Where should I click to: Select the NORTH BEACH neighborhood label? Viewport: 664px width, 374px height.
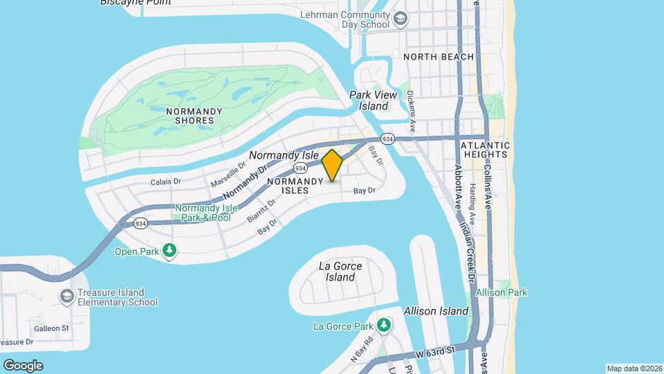(439, 57)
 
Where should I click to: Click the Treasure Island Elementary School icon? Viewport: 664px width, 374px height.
(66, 296)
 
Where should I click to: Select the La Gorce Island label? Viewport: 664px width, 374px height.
(337, 271)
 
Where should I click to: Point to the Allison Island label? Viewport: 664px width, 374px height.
(436, 311)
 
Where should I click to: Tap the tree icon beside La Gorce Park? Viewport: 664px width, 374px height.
(384, 326)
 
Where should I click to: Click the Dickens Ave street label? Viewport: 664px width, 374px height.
(412, 112)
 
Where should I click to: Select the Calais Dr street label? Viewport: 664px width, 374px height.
(165, 181)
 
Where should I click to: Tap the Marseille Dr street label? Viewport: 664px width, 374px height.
(228, 175)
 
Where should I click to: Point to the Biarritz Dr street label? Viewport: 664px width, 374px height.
(261, 210)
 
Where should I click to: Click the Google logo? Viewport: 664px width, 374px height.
(23, 365)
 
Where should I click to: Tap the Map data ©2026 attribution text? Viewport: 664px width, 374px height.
(634, 368)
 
